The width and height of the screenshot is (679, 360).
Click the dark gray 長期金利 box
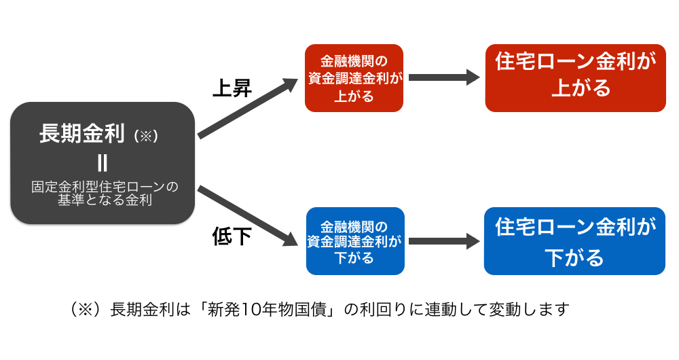coord(103,163)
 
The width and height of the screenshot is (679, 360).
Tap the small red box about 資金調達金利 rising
coord(354,78)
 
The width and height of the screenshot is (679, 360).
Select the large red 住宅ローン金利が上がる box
coord(576,78)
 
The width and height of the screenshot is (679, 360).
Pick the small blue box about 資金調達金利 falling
coord(355,241)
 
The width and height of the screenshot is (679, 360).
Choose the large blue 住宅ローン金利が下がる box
coord(574,241)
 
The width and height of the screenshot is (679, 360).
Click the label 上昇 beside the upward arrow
coord(232,88)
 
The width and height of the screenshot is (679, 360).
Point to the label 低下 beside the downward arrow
coord(232,236)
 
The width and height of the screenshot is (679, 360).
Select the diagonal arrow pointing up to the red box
coord(248,108)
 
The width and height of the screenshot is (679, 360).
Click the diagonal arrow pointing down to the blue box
coord(248,216)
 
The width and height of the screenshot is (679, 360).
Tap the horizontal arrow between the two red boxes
coord(444,77)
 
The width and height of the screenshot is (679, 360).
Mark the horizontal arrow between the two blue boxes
coord(444,241)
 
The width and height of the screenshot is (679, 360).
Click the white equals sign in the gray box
coord(103,163)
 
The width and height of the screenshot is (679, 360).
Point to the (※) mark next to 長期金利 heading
coord(146,136)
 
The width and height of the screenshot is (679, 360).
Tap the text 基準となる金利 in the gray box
coord(105,200)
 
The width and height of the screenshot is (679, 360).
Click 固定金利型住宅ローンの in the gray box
coord(105,187)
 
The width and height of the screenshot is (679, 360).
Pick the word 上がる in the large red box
coord(581,88)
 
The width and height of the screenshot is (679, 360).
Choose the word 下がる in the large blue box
coord(574,257)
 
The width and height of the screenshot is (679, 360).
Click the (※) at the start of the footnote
coord(86,309)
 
